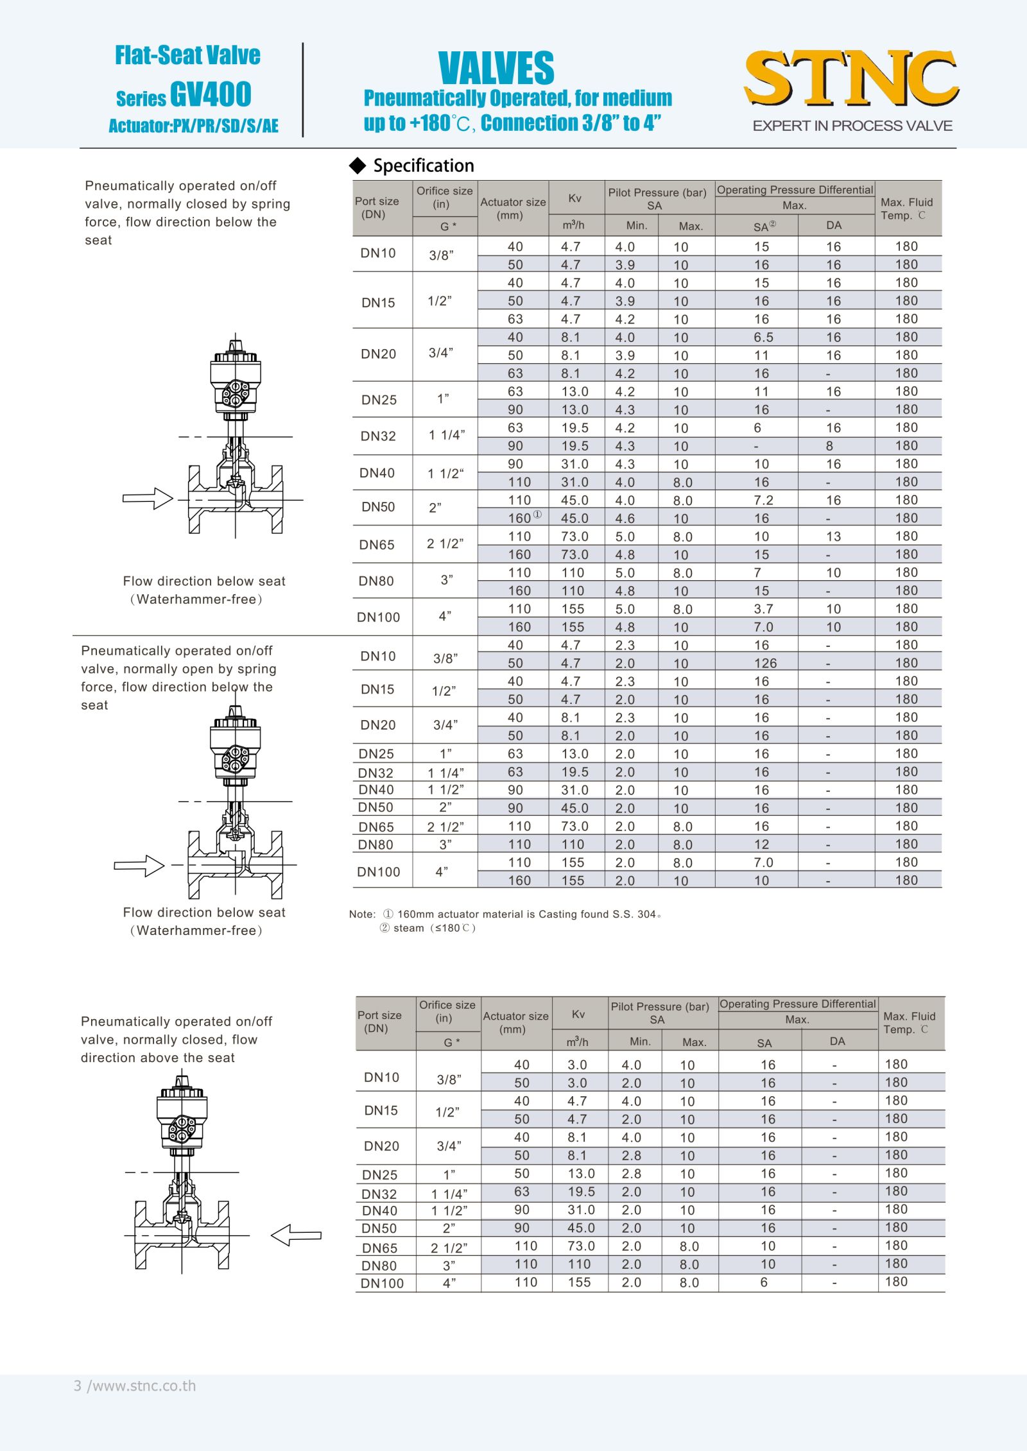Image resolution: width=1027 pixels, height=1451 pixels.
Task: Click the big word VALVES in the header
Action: click(496, 68)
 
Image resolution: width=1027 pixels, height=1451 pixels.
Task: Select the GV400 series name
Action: click(210, 95)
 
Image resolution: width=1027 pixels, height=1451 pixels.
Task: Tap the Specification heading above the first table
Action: click(423, 166)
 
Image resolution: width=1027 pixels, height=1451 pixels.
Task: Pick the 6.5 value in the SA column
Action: click(763, 338)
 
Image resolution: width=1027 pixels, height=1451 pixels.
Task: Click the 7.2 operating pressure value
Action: click(763, 501)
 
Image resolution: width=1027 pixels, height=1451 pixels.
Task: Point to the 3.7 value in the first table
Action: click(763, 609)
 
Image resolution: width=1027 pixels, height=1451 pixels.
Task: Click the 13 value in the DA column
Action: click(833, 537)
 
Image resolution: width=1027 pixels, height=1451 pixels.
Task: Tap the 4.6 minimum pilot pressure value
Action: click(625, 519)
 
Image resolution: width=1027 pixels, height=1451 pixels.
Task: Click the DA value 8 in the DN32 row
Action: click(829, 446)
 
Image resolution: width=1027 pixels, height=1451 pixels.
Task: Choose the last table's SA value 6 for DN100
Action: click(764, 1282)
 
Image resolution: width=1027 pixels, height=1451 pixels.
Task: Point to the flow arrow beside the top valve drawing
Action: click(148, 498)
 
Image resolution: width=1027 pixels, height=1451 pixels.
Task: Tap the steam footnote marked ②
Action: click(427, 928)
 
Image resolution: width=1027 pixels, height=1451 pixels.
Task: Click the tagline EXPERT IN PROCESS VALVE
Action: click(852, 126)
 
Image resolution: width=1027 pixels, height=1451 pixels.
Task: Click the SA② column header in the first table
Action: click(764, 227)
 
